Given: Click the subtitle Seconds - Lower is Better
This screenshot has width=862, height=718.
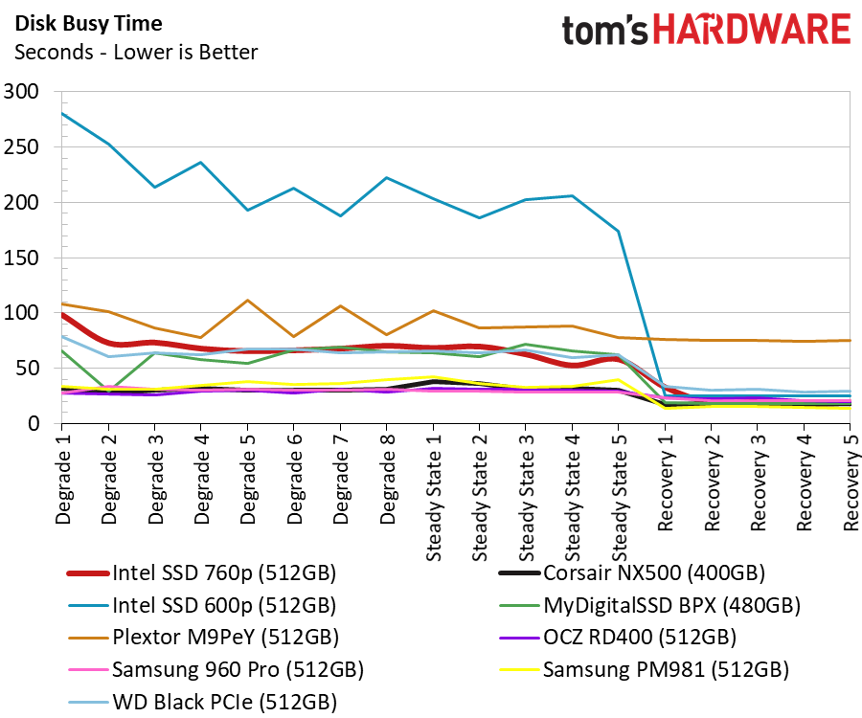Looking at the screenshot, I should [135, 52].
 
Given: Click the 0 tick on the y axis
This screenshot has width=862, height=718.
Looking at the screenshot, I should [34, 424].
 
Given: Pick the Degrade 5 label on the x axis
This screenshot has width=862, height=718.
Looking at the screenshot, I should [247, 477].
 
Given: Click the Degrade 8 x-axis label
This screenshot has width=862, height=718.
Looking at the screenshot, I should [386, 477].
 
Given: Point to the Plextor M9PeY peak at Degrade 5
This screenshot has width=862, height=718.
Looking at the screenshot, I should [248, 301].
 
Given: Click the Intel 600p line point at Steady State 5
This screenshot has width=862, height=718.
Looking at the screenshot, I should [619, 231].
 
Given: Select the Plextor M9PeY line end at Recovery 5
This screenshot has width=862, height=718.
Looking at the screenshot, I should [851, 340].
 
